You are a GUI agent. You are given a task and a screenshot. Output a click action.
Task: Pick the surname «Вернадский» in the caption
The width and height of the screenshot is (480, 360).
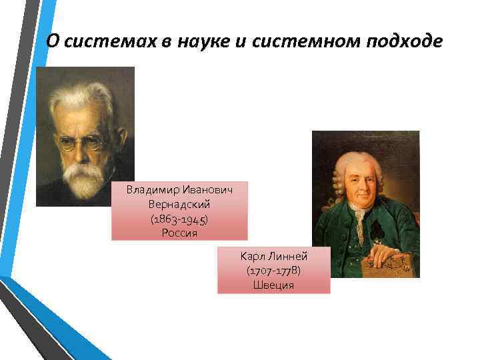click(x=179, y=205)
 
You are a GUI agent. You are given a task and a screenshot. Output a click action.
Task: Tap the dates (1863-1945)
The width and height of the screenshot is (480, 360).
click(x=179, y=219)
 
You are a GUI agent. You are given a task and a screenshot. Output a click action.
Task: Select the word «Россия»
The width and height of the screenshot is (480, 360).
click(x=179, y=233)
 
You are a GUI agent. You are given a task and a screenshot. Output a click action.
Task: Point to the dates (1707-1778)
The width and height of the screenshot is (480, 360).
click(x=273, y=271)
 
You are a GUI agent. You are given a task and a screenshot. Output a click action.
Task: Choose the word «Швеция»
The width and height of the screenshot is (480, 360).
click(x=273, y=285)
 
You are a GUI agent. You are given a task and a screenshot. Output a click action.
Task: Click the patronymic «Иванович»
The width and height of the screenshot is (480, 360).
click(x=207, y=191)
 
